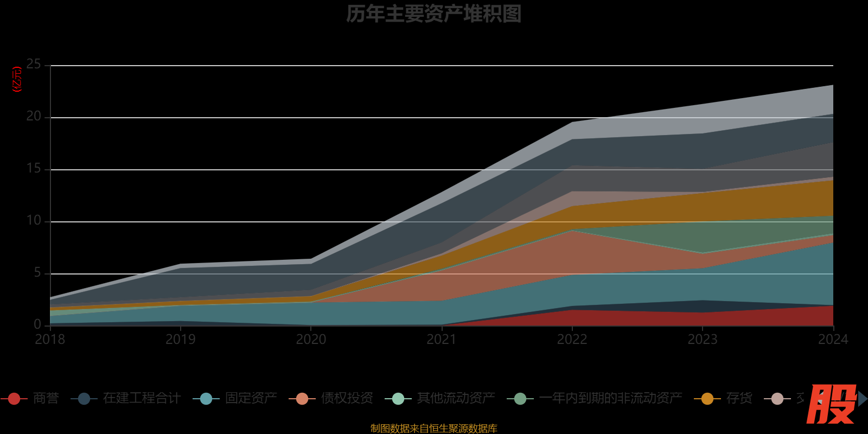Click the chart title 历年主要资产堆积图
click(x=433, y=14)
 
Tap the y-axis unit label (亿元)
click(x=17, y=79)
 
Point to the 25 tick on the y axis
click(x=34, y=65)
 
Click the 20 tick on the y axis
click(x=34, y=117)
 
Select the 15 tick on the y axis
click(x=34, y=169)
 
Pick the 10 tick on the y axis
click(x=34, y=221)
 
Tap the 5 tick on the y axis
click(x=37, y=273)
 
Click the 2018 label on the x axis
click(x=50, y=340)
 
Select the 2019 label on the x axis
click(x=181, y=340)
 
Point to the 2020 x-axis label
click(x=311, y=340)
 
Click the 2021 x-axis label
click(x=442, y=340)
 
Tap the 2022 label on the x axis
click(x=572, y=340)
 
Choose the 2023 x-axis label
click(x=703, y=340)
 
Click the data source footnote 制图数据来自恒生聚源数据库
click(x=433, y=429)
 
